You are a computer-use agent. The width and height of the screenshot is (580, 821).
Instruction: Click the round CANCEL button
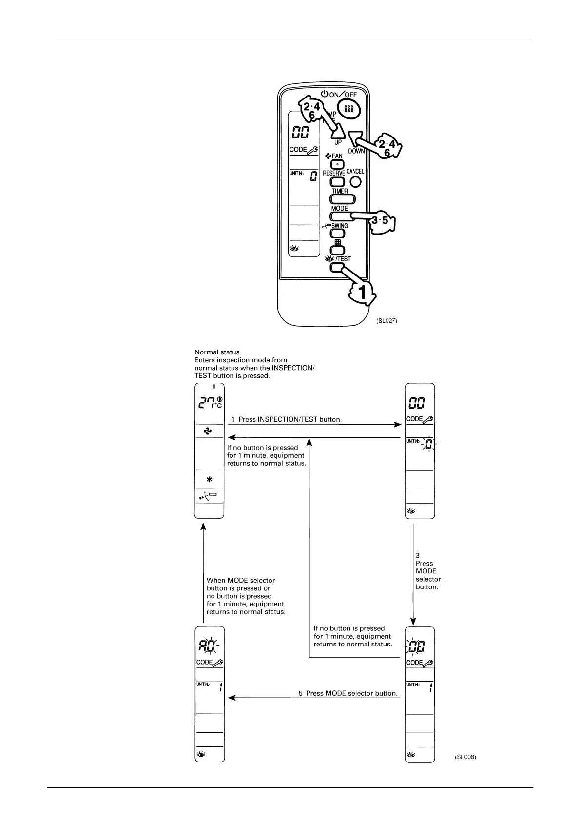pos(356,182)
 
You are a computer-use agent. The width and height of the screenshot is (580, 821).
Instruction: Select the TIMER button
pos(343,199)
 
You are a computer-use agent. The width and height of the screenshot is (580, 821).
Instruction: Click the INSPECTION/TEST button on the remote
pos(337,267)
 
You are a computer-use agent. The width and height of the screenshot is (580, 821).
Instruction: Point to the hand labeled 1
pos(361,293)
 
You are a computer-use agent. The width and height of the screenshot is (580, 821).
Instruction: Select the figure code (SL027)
pos(387,321)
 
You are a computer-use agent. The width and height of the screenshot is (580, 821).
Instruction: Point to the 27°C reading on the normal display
pos(210,403)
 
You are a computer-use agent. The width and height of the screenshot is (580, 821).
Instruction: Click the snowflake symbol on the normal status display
pos(209,480)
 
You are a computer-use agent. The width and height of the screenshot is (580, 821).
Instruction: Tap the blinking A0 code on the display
pos(208,647)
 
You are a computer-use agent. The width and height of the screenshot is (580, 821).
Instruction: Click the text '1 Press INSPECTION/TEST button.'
pos(286,419)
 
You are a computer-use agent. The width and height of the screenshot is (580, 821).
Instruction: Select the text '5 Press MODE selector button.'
pos(348,693)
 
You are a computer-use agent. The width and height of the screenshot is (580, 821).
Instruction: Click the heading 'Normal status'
pos(217,352)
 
